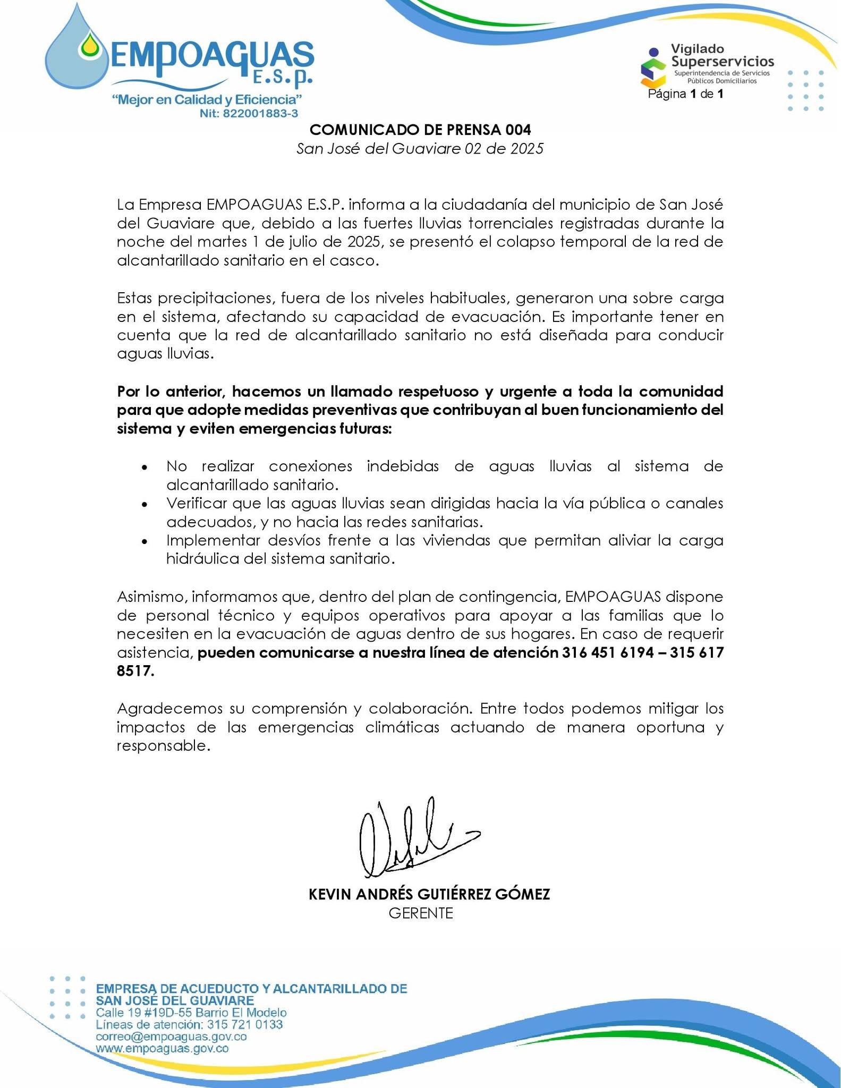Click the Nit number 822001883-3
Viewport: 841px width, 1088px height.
coord(249,114)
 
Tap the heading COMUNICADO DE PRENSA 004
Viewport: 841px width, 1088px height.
coord(420,130)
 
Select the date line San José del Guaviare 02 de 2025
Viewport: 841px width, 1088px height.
coord(420,149)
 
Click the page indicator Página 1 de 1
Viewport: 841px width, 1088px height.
coord(685,95)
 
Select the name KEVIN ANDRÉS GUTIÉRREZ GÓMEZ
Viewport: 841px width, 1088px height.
coord(429,895)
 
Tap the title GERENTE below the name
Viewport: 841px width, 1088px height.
coord(421,914)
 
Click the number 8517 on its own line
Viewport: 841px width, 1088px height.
coord(135,671)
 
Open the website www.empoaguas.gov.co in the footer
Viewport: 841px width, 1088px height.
coord(163,1049)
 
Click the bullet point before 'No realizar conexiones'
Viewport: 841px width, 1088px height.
coord(144,467)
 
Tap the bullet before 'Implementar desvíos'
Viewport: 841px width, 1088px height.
coord(144,542)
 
